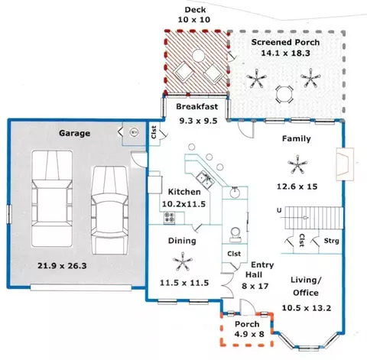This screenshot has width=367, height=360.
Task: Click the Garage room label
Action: pos(74,133)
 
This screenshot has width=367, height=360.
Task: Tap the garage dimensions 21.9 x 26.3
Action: pos(62,266)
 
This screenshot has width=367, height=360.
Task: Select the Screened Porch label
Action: pos(285,42)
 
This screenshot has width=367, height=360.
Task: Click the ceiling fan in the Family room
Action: pos(297,164)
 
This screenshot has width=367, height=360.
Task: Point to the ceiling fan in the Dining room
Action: pos(183,261)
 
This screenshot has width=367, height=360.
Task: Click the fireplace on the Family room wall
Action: pos(345,164)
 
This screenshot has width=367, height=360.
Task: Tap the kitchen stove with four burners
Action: pos(169,218)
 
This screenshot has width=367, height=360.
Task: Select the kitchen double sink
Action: pos(206,180)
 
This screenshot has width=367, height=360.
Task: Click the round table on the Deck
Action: pos(199,56)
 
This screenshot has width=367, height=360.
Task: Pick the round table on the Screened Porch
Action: pos(284,94)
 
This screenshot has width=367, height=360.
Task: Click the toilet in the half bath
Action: pos(235,235)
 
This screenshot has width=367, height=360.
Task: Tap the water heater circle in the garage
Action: pos(134,132)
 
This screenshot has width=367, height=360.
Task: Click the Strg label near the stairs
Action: pos(331,241)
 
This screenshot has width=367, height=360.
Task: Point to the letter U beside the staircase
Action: pos(279,210)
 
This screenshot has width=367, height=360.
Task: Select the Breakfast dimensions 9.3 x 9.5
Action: pos(198,121)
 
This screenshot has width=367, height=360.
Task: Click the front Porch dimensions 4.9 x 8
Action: pos(249,334)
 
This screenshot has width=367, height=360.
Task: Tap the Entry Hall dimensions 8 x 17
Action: pos(255,286)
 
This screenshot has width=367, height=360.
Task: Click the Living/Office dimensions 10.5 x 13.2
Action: pos(307,308)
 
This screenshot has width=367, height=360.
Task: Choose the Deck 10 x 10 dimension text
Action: pos(194,20)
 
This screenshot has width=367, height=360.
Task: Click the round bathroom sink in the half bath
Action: pos(235,192)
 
